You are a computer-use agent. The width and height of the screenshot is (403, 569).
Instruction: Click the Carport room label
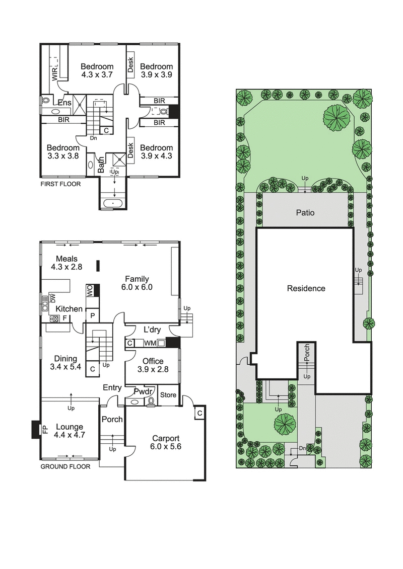tap(165, 442)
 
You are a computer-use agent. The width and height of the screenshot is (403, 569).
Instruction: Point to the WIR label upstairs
tap(54, 74)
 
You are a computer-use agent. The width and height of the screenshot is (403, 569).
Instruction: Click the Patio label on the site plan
tap(305, 213)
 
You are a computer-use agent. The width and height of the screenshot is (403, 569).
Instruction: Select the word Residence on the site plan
tap(306, 288)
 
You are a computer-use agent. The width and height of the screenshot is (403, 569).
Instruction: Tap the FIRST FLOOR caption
tap(60, 184)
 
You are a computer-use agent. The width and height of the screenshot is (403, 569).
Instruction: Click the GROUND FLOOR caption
tap(65, 466)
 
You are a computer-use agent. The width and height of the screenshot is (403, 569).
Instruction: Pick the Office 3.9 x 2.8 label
tap(153, 365)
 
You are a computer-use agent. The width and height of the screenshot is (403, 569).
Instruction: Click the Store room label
tap(168, 395)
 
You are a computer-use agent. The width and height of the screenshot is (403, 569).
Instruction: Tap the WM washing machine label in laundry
tap(150, 343)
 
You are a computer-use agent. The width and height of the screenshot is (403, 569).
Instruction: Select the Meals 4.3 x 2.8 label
tap(66, 263)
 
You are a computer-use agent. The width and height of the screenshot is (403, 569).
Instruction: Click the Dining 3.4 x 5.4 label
tap(66, 363)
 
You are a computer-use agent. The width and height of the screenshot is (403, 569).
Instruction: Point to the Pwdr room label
tap(143, 391)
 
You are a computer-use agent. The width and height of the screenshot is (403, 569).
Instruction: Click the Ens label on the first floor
tap(64, 103)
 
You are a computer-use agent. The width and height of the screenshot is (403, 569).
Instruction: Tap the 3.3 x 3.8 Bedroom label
tap(63, 152)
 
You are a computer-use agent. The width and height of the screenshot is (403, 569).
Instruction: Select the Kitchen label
tap(69, 308)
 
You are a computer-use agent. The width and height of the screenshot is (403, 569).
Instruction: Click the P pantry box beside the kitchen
tap(92, 315)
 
